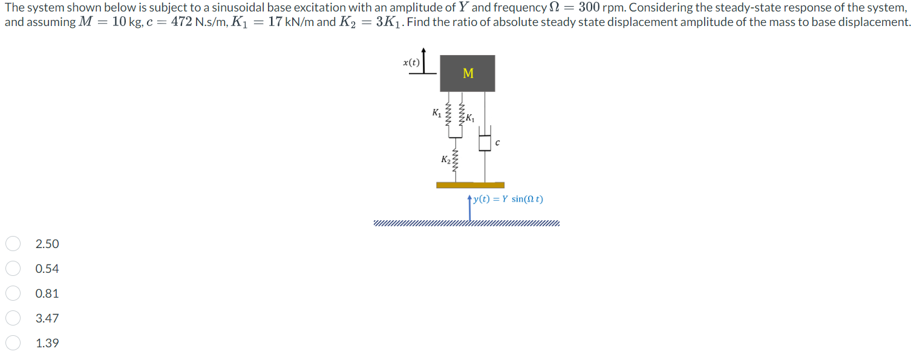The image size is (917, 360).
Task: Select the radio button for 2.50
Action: [x=14, y=244]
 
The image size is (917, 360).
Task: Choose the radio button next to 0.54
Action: [x=14, y=269]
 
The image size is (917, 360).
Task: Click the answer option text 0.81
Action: [x=47, y=293]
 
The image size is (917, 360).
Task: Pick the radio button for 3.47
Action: [x=14, y=318]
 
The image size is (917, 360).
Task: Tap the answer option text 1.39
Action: [x=47, y=343]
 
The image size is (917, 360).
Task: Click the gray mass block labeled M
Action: [x=467, y=73]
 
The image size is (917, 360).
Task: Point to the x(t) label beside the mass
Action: [x=411, y=62]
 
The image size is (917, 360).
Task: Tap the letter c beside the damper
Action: [x=497, y=143]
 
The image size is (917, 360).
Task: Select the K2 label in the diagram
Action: [x=446, y=160]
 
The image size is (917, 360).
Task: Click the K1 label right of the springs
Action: [x=471, y=117]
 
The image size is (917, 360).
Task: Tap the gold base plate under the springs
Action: [x=470, y=185]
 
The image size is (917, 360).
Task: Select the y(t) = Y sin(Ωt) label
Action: [x=508, y=199]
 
